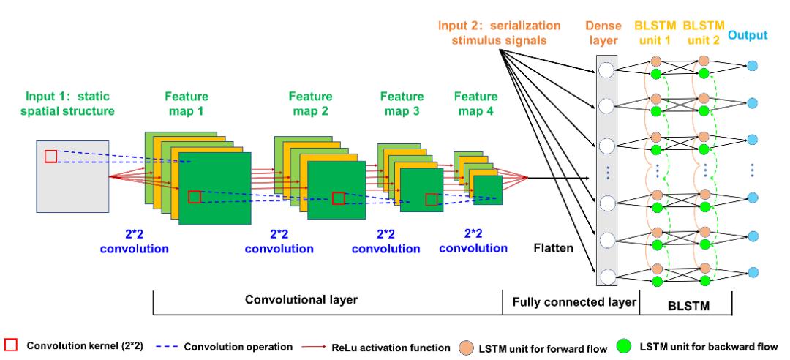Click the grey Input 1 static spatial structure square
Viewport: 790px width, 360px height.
pyautogui.click(x=73, y=176)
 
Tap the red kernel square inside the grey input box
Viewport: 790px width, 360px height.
pyautogui.click(x=50, y=156)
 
